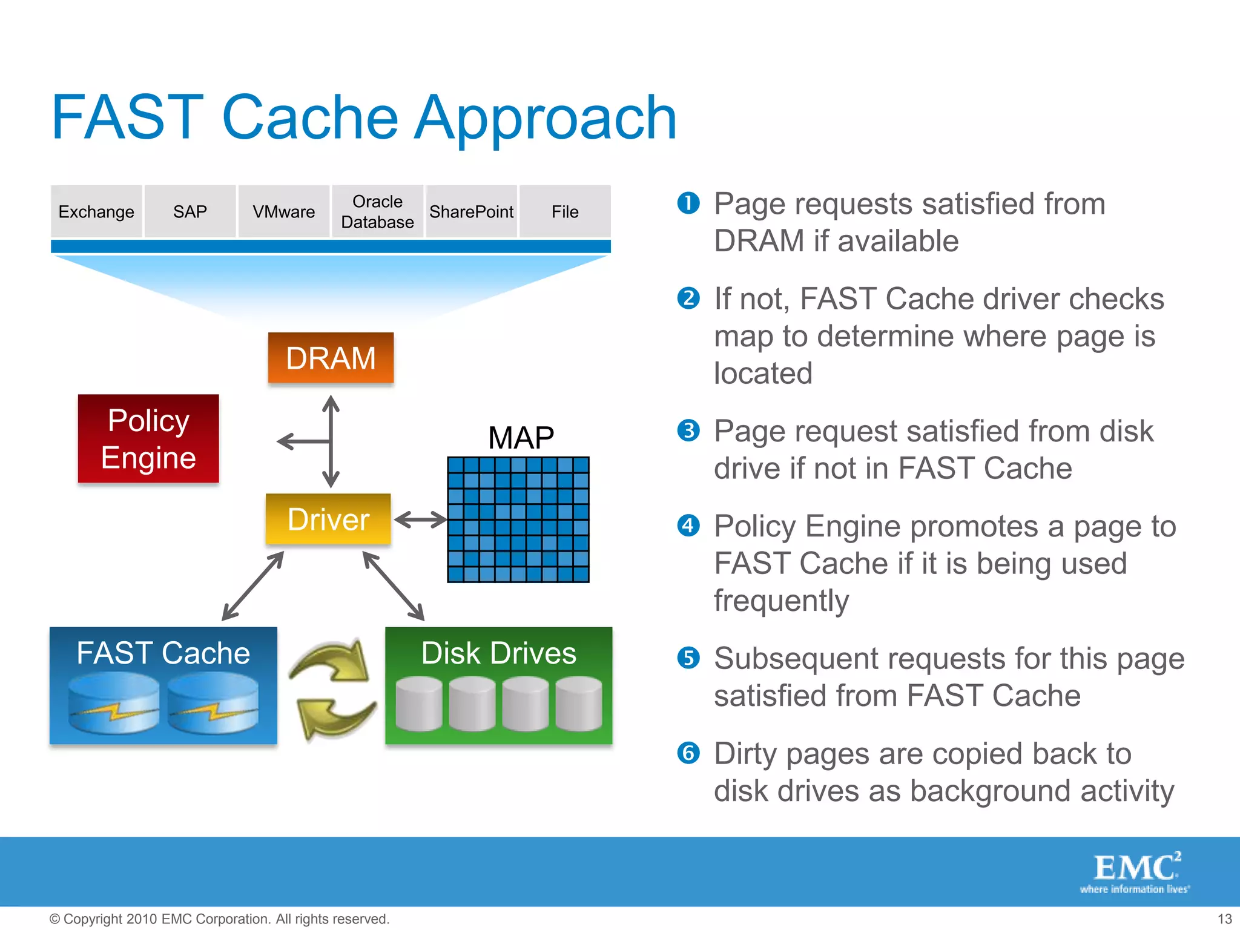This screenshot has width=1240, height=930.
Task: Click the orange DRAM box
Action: (x=331, y=357)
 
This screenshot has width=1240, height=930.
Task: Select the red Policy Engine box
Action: (x=148, y=438)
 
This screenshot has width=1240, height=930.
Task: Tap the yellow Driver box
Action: (x=328, y=519)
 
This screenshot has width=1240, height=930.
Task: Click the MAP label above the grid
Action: (x=521, y=437)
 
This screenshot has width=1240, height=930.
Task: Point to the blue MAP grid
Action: (x=518, y=519)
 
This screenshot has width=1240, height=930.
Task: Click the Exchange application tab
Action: (x=96, y=211)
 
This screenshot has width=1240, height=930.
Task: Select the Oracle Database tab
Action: (x=377, y=211)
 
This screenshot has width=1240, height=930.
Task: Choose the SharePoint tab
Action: (x=471, y=211)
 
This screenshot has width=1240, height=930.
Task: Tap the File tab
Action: (x=565, y=211)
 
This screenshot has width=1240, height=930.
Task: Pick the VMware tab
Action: (x=283, y=211)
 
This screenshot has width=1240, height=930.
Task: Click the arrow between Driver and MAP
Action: (x=420, y=519)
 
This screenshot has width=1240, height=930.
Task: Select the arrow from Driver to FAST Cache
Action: (x=252, y=586)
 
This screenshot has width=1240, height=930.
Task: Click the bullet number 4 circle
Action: (x=688, y=525)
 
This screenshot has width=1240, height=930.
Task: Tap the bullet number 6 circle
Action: (x=688, y=753)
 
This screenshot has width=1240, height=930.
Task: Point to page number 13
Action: (x=1224, y=918)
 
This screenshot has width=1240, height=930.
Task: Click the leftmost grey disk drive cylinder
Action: (x=419, y=704)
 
